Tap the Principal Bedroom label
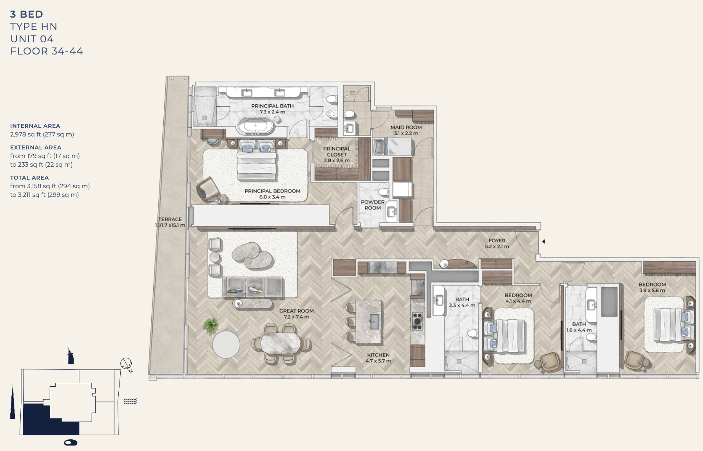(272, 191)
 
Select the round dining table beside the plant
(226, 345)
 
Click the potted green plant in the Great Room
(211, 326)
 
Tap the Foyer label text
(497, 240)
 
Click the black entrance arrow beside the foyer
(544, 242)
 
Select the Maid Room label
(406, 127)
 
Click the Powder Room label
(373, 205)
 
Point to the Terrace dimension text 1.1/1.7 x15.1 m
(170, 225)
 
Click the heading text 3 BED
(27, 14)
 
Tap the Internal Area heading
(35, 126)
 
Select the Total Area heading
(29, 178)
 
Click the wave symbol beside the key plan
(130, 401)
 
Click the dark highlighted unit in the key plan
(47, 422)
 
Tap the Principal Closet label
(337, 155)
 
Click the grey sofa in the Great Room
(253, 287)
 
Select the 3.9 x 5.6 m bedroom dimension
(652, 291)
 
